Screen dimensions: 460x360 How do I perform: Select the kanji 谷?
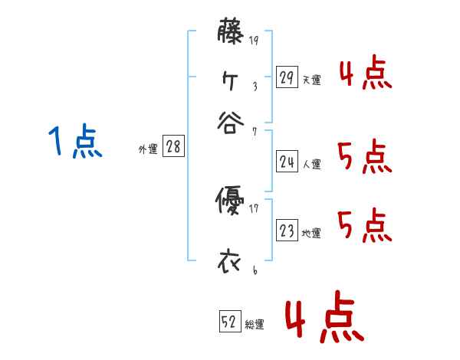coord(229,123)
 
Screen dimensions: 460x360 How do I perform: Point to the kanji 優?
coord(229,202)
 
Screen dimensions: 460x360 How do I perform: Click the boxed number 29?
coord(287,77)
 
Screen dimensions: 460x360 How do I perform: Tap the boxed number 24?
coord(287,162)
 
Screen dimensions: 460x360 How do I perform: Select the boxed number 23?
coord(287,231)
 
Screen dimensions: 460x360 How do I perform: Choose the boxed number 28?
coord(173,147)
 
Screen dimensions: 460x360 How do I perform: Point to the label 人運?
coord(311,164)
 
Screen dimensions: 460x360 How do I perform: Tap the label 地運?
coord(311,233)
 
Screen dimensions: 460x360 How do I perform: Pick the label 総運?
coord(255,325)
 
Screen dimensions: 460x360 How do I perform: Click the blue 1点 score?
coord(75,142)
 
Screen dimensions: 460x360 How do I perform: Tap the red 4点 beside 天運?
coord(366,74)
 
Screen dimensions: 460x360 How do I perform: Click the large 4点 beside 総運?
coord(324,319)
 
